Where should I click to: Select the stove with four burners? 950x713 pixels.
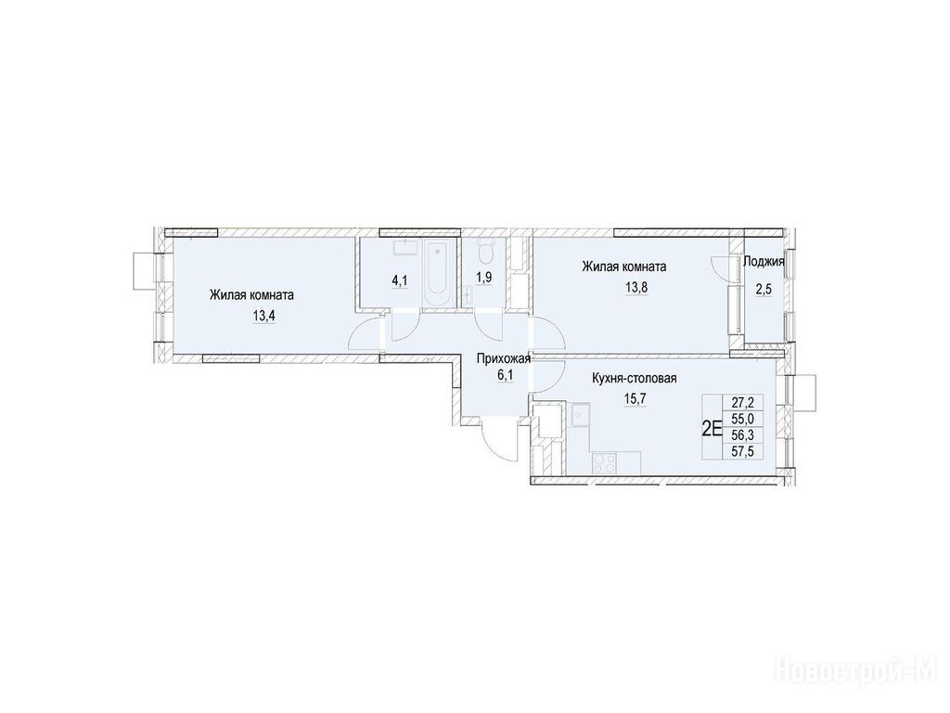(604, 464)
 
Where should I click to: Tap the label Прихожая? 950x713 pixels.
(504, 359)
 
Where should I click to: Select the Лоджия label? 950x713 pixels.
(764, 262)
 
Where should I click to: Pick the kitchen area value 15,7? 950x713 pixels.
(635, 399)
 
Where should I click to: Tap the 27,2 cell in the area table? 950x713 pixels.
(743, 401)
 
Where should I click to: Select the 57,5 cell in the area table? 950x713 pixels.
(743, 450)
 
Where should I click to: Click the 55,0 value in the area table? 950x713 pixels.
(743, 418)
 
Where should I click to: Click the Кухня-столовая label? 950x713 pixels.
(635, 379)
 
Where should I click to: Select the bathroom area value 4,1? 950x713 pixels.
(401, 281)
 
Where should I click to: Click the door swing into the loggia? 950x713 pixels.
(720, 266)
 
